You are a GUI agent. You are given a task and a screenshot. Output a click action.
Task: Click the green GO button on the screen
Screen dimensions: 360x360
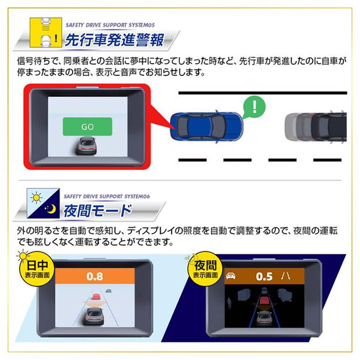[88, 126]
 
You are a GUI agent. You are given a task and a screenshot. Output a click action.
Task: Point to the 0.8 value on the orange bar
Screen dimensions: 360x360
[94, 276]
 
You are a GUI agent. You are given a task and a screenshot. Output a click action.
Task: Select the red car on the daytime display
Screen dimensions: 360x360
[96, 297]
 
